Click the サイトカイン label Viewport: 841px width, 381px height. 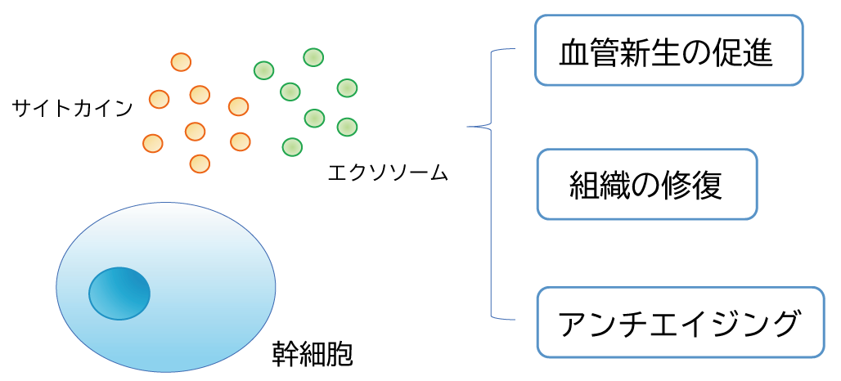pos(71,107)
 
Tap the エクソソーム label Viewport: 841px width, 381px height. pos(387,173)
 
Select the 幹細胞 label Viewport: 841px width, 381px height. pos(312,354)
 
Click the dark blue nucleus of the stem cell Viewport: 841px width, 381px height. pos(119,293)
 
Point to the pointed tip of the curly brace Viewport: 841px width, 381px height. pos(469,127)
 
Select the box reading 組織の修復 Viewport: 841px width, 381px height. pos(647,184)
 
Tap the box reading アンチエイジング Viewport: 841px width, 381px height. pos(681,322)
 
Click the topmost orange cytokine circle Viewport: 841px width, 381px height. pos(181,62)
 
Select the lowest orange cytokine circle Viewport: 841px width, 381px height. pos(200,164)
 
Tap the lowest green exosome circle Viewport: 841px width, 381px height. pos(292,147)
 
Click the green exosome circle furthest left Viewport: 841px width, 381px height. pos(263,70)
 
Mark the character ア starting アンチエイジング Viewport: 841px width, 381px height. pos(573,324)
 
